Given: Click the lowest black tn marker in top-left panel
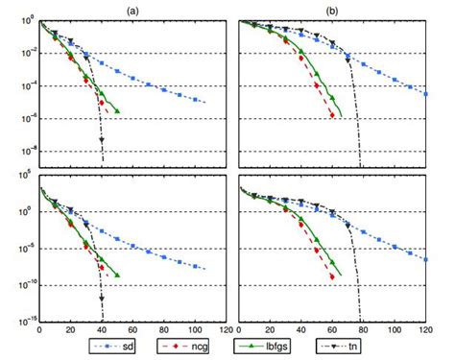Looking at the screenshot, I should pos(102,142).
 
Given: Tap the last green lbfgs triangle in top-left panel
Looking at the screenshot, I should pos(117,111).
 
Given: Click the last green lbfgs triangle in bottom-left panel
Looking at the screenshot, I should pos(117,275).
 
